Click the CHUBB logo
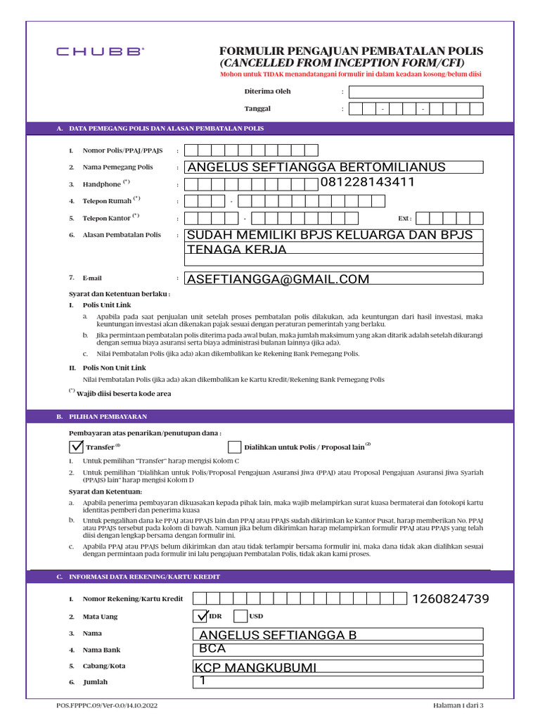pos(101,51)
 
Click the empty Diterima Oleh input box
pos(416,91)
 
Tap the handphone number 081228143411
pos(367,183)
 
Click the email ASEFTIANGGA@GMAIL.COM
pos(278,279)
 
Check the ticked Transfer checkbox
pos(76,446)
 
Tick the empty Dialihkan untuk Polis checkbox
pos(234,447)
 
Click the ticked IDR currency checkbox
pos(201,616)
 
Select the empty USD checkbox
pos(240,616)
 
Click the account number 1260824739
pos(450,599)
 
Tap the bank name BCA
pos(212,649)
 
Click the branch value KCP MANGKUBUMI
pos(256,667)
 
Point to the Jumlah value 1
pos(203,681)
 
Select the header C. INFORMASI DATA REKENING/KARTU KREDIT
pos(144,577)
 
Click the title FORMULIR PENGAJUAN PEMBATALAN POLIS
pos(352,51)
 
